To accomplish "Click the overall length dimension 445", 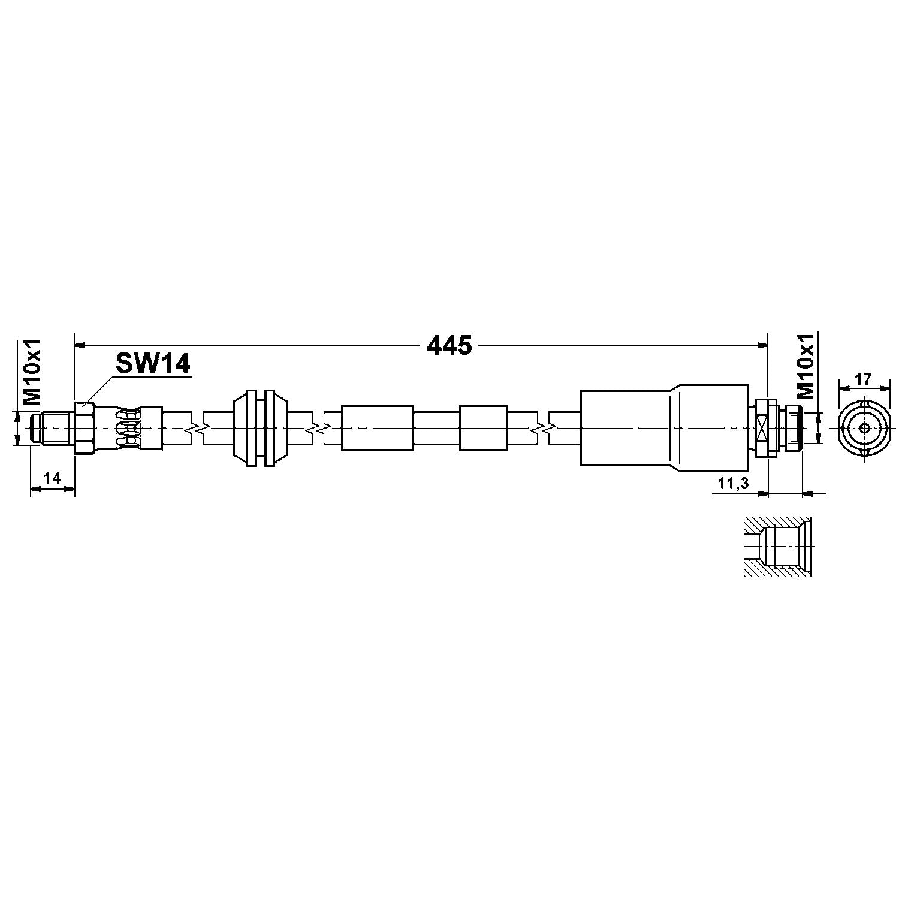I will click(x=449, y=345).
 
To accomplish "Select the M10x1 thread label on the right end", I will click(x=806, y=366).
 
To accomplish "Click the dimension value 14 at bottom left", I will click(x=53, y=478).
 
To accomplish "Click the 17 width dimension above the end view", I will click(x=863, y=379).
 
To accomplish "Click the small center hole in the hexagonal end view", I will click(x=864, y=428).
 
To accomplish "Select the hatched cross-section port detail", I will click(x=778, y=547).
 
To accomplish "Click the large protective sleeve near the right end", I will click(x=664, y=428).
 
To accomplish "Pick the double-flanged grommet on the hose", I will click(x=260, y=427).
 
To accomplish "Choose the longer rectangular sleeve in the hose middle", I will click(x=377, y=428).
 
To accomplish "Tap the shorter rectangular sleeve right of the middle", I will click(x=483, y=428).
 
